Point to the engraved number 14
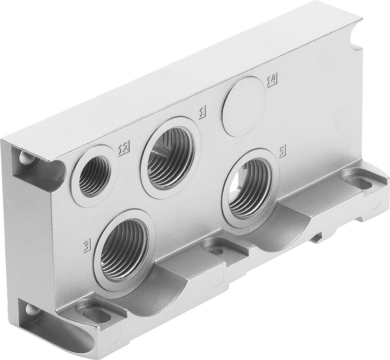pos(272,81)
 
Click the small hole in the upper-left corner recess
pos(26,158)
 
